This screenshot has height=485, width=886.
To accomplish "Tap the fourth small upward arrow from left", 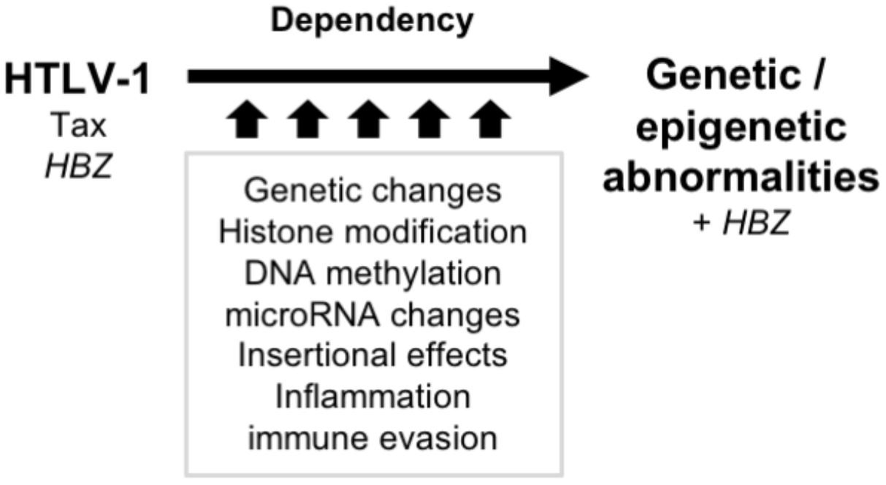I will coord(430,121).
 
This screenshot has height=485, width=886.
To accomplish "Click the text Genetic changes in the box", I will coord(373,191).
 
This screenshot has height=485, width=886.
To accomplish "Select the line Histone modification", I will coord(373,233).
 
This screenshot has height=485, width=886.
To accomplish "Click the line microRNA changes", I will coord(373,315).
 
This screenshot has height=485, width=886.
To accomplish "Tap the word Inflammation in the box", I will coord(373,398).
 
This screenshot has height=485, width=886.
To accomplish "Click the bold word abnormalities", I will coord(746,178).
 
